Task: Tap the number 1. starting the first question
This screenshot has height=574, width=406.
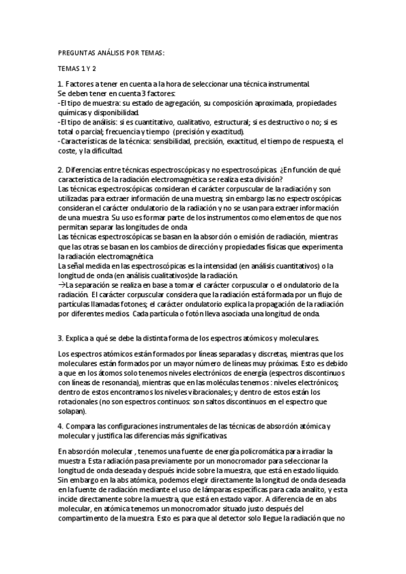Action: pyautogui.click(x=61, y=84)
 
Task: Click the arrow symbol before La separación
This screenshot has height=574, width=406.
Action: pyautogui.click(x=62, y=285)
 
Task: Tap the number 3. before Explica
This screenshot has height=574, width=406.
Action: pyautogui.click(x=61, y=337)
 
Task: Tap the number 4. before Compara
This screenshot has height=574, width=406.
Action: pyautogui.click(x=61, y=426)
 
